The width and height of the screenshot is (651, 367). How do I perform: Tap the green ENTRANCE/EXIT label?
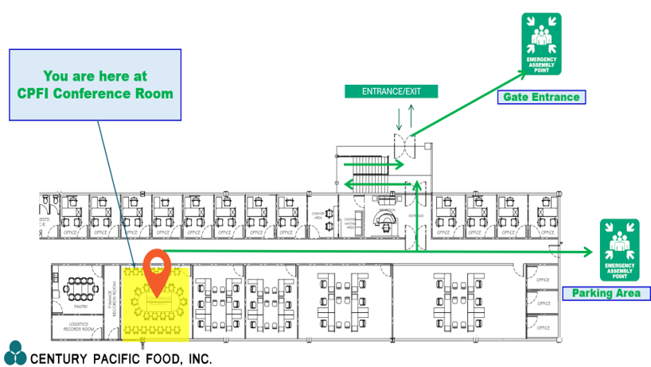click(x=391, y=91)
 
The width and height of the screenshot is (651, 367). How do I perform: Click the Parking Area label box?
click(x=606, y=294)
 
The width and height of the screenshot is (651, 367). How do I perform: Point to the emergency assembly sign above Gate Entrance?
click(x=541, y=44)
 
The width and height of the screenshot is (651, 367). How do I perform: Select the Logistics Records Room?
click(x=79, y=327)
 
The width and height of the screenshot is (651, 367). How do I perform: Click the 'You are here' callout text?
click(x=95, y=85)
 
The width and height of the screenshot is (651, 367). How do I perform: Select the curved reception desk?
click(x=385, y=218)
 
